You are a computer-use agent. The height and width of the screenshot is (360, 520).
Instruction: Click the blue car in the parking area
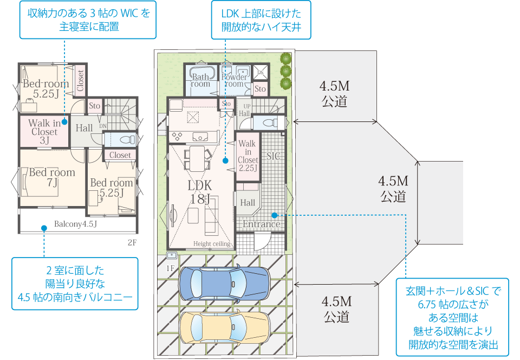tap(223, 282)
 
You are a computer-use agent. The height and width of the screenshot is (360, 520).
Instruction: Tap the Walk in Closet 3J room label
tap(44, 132)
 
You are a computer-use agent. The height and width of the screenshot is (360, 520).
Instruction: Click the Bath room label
tap(200, 81)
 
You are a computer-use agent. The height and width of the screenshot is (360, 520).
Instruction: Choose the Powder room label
tap(234, 81)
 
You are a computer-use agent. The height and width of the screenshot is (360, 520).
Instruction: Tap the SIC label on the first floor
tap(272, 157)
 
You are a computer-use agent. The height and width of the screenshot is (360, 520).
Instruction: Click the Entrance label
tap(261, 224)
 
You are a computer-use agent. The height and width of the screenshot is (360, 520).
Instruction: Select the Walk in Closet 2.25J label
tap(248, 156)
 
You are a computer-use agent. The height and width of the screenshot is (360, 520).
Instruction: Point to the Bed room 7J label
tap(52, 177)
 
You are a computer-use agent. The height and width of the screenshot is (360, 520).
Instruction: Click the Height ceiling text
tap(212, 244)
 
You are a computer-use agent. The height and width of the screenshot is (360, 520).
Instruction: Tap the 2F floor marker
tap(132, 243)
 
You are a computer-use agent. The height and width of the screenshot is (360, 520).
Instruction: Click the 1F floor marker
tap(170, 268)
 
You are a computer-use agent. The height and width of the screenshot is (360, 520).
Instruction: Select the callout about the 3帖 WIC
tap(88, 19)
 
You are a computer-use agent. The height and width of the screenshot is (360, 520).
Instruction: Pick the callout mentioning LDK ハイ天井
tap(261, 20)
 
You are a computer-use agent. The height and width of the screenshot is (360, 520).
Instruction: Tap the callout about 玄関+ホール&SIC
tap(453, 318)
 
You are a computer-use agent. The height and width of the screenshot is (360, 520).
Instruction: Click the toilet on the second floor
tap(126, 139)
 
